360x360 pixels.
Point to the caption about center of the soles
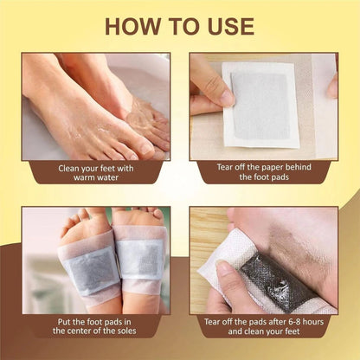click(x=95, y=325)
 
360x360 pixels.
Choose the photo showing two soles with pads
click(x=95, y=259)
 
